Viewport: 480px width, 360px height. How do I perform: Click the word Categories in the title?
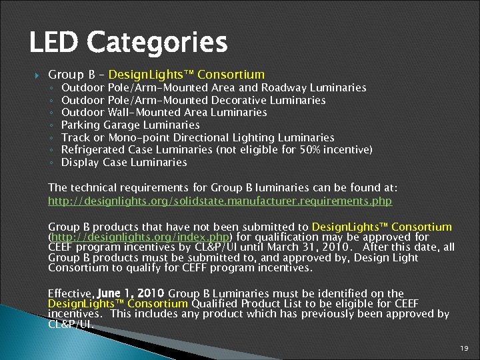(x=158, y=43)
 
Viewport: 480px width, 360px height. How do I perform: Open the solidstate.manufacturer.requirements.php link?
(x=220, y=201)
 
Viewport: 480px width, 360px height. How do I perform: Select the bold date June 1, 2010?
(x=131, y=293)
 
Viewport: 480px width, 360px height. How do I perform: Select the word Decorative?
(x=241, y=100)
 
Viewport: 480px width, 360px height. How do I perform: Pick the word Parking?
(x=81, y=125)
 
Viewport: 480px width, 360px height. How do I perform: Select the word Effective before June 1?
(x=71, y=293)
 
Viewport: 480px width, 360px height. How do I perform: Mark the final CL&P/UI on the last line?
(x=69, y=324)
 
